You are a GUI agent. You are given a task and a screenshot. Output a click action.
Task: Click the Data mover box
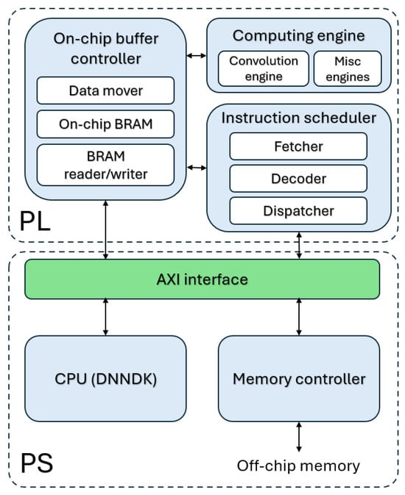click(x=105, y=90)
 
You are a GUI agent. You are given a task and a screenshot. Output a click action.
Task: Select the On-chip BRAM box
click(x=105, y=124)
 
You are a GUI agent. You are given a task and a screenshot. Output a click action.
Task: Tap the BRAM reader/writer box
click(x=105, y=165)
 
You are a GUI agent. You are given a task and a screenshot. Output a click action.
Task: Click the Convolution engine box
click(x=264, y=68)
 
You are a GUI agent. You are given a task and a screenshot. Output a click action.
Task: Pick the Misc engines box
click(x=348, y=68)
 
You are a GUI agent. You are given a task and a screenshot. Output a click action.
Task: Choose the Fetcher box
click(x=298, y=146)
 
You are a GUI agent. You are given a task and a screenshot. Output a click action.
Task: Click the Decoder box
click(x=298, y=179)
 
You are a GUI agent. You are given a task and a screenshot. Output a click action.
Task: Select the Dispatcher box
click(x=298, y=211)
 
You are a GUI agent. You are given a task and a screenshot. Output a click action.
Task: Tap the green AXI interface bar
click(x=202, y=279)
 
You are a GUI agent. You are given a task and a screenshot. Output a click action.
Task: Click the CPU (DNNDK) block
click(x=105, y=379)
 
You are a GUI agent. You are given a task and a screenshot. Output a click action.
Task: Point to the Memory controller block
click(x=299, y=379)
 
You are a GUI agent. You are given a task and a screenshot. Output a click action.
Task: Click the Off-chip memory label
click(x=298, y=466)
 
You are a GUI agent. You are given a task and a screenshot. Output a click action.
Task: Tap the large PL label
click(x=35, y=222)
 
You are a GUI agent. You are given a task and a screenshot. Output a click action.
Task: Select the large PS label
click(x=37, y=463)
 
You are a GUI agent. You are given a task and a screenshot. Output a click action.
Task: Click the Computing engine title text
click(x=299, y=36)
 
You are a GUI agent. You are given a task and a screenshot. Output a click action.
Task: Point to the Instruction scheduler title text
click(x=299, y=118)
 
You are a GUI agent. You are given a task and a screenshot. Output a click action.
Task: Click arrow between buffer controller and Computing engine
click(x=197, y=56)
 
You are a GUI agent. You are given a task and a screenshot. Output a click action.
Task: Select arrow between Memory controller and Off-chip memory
click(x=299, y=437)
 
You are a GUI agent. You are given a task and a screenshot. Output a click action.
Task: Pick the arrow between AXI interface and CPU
click(x=105, y=317)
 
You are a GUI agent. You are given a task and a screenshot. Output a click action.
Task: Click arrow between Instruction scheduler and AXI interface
click(x=299, y=246)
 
